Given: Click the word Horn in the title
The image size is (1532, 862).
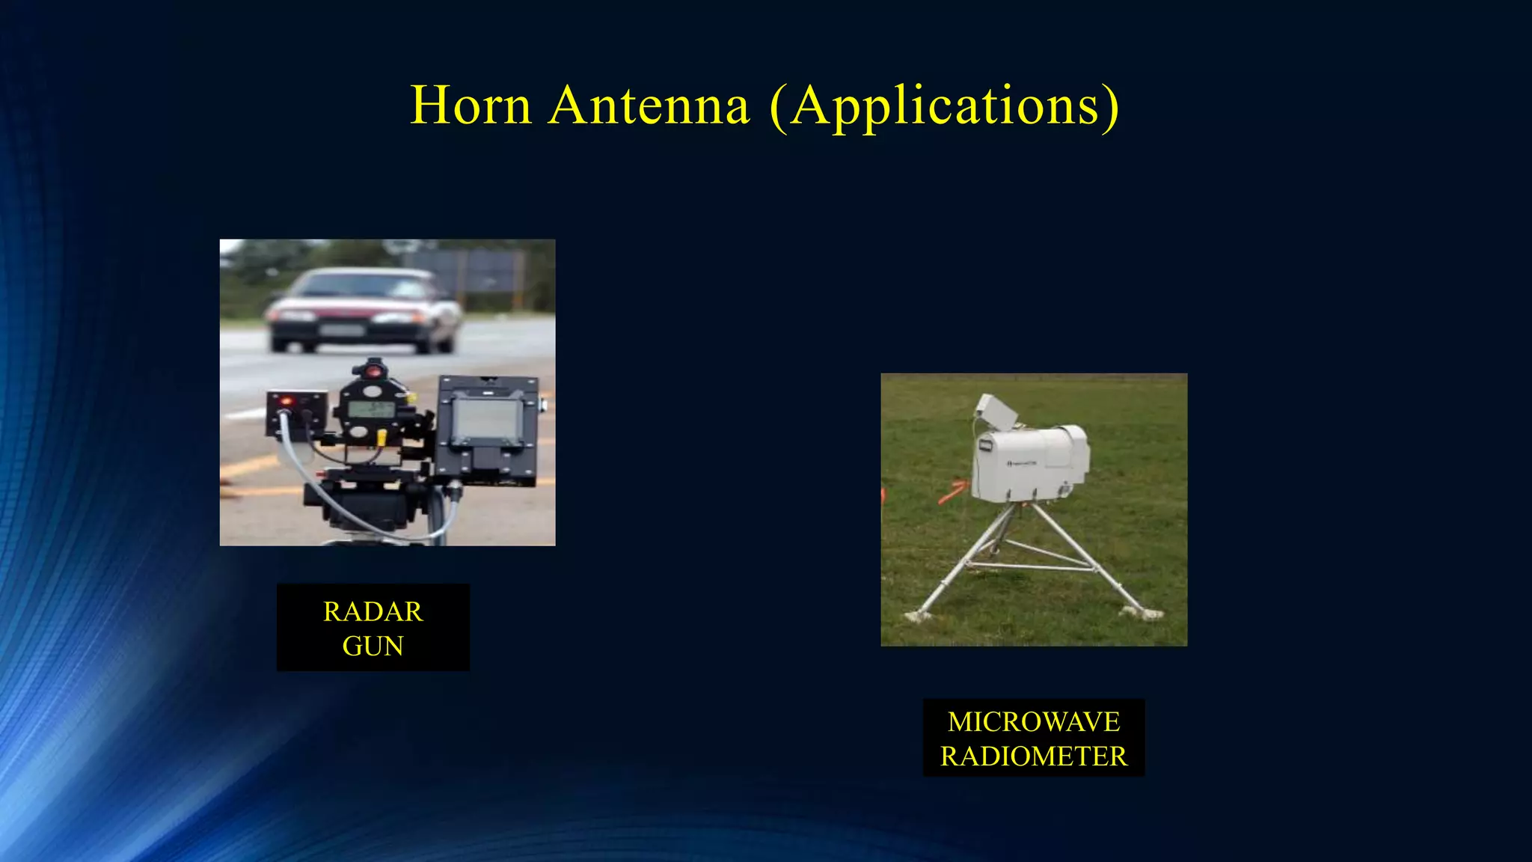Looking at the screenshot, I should (471, 106).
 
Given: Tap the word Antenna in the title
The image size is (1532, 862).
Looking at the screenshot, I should (649, 106).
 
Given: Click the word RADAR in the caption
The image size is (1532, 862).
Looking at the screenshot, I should (373, 612).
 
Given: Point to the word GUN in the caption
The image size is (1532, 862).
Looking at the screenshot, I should (373, 646).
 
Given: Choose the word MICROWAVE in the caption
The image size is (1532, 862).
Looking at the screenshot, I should (1034, 722).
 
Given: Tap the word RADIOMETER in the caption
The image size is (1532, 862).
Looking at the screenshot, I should (1034, 756).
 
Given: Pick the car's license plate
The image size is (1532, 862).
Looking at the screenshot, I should (341, 330).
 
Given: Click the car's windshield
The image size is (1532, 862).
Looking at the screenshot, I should (364, 286).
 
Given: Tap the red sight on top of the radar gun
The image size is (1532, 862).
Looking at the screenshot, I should (373, 370).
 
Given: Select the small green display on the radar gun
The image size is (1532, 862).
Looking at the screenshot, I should (372, 409).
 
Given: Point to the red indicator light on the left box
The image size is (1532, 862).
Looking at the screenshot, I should (285, 402).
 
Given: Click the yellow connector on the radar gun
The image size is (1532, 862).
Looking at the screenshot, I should (382, 435).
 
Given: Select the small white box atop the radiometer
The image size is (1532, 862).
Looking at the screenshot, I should (994, 412).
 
